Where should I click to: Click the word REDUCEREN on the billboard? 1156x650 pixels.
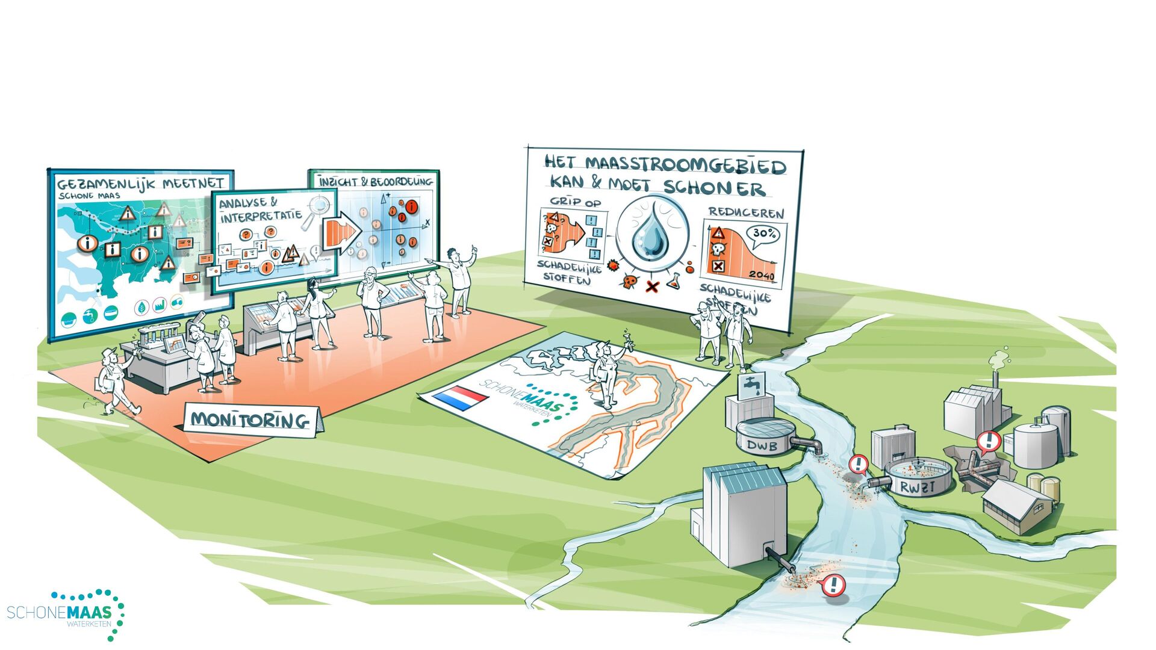pos(746,212)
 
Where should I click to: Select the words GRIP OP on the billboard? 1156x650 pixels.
pos(575,202)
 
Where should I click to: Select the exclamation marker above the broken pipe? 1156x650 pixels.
pos(989,442)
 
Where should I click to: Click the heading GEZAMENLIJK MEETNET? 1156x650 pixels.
pos(141,183)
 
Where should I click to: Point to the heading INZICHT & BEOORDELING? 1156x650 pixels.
pos(376,181)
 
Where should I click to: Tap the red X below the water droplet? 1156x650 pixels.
pos(651,286)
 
